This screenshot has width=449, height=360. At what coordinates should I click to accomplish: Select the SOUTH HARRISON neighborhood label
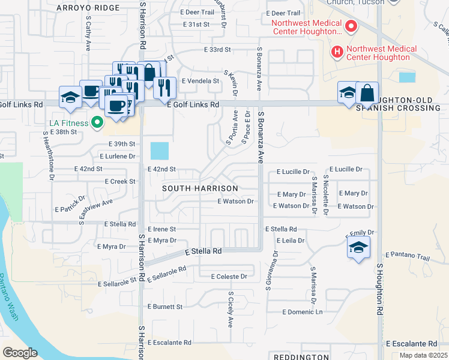point(200,188)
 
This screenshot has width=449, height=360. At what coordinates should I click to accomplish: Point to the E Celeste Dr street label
point(229,277)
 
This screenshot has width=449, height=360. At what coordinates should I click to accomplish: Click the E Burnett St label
point(164,307)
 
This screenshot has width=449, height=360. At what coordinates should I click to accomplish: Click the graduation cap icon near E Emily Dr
point(358,248)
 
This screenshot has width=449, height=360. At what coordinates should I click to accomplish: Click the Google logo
point(20,353)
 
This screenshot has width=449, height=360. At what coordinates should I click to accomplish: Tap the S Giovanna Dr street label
point(272,269)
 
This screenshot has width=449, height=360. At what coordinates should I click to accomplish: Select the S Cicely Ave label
point(231,310)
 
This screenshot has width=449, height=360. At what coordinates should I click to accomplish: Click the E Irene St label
point(161,229)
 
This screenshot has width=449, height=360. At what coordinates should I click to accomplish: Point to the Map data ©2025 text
point(423,355)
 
